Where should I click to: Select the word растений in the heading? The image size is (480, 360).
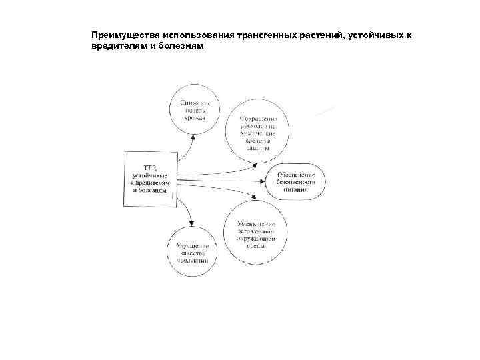[313, 34]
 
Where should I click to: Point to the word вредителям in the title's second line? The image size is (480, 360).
[117, 46]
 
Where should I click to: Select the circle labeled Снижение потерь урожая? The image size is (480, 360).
[196, 109]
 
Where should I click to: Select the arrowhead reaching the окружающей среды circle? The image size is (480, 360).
[255, 198]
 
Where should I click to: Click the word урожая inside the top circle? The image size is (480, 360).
[195, 117]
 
